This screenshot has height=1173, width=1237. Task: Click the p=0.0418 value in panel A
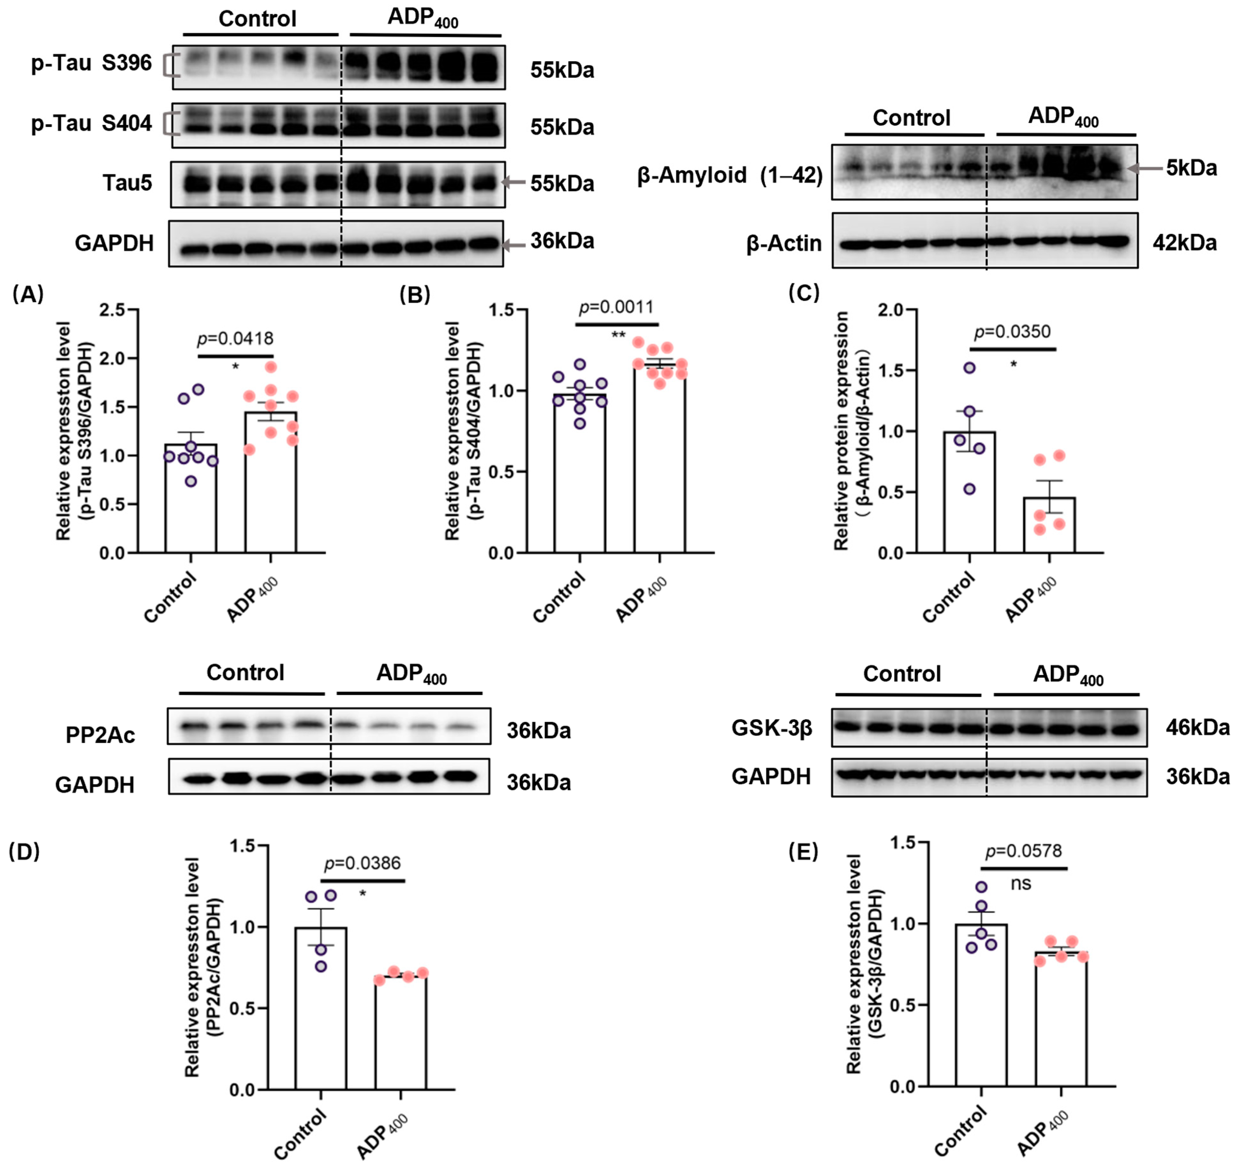pyautogui.click(x=235, y=339)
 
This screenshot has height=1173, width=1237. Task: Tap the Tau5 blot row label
pyautogui.click(x=128, y=183)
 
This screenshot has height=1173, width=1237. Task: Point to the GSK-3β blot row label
pyautogui.click(x=772, y=728)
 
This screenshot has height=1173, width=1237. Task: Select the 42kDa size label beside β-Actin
pyautogui.click(x=1184, y=243)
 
